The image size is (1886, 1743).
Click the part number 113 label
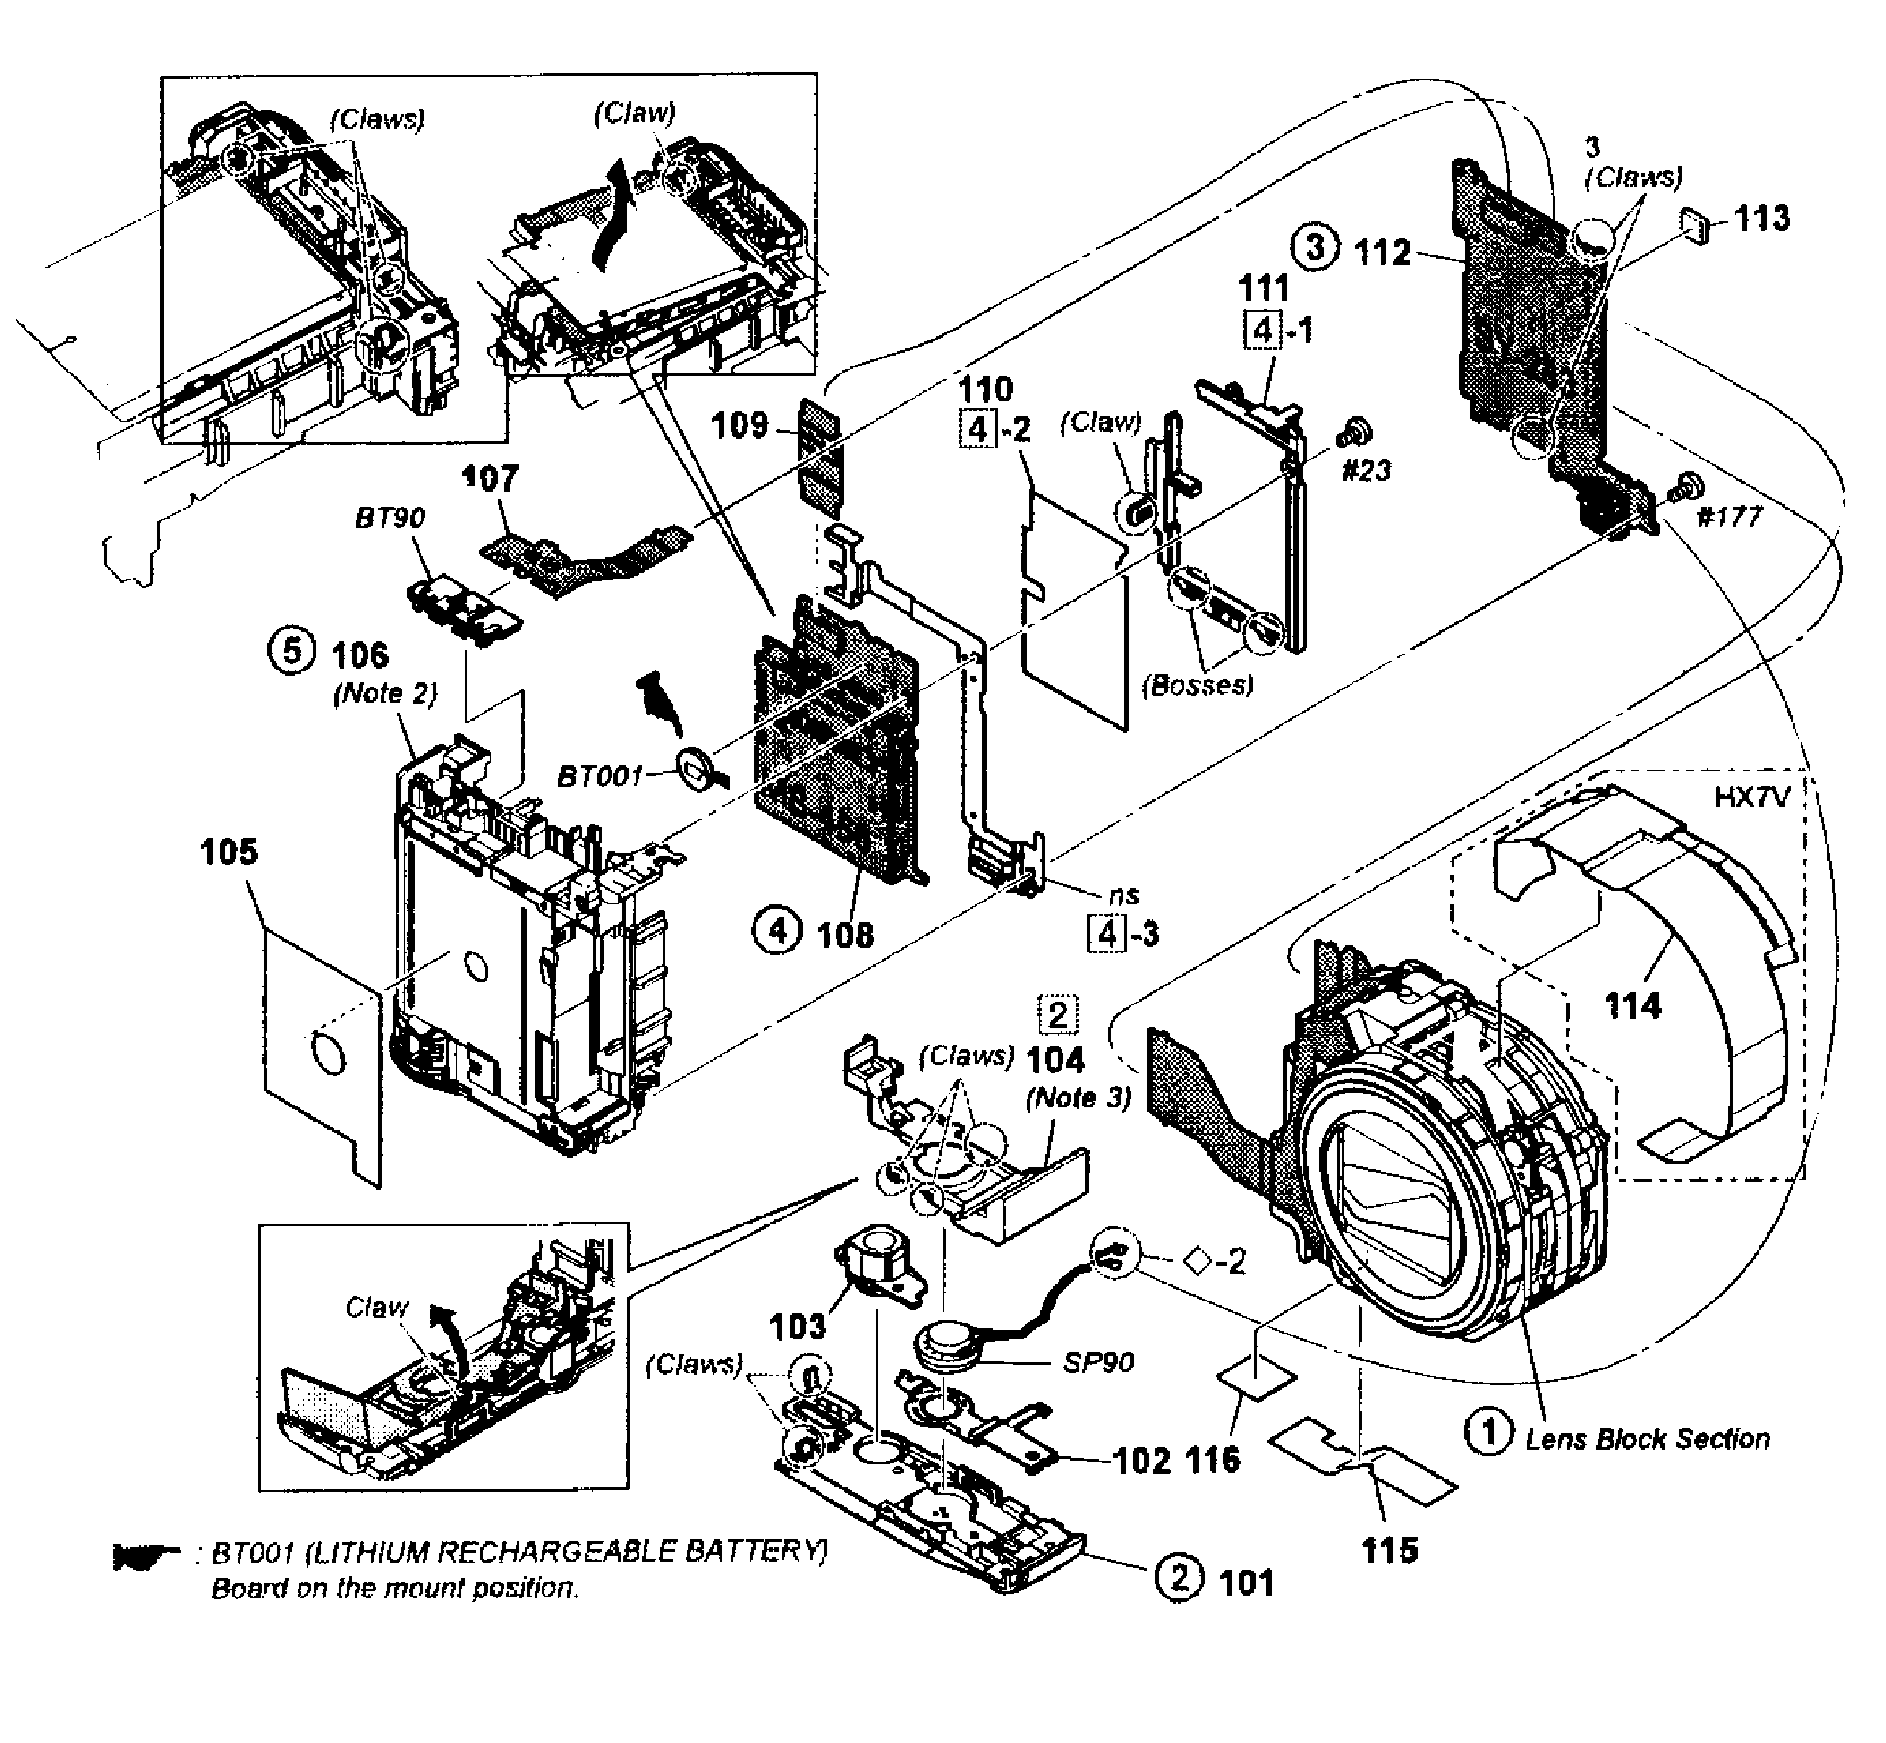click(x=1762, y=218)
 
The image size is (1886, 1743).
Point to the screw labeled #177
click(x=1683, y=490)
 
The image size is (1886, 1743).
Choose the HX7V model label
click(x=1751, y=798)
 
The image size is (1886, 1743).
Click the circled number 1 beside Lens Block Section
click(x=1487, y=1435)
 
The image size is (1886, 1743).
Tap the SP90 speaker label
click(x=1099, y=1362)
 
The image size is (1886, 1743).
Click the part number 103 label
click(x=798, y=1327)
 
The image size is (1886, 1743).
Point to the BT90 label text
click(x=390, y=517)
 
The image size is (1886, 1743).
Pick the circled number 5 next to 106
click(x=293, y=653)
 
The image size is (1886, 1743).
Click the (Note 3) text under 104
click(x=1077, y=1098)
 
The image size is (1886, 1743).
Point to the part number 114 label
click(x=1633, y=1007)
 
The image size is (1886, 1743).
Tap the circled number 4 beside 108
click(x=776, y=932)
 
